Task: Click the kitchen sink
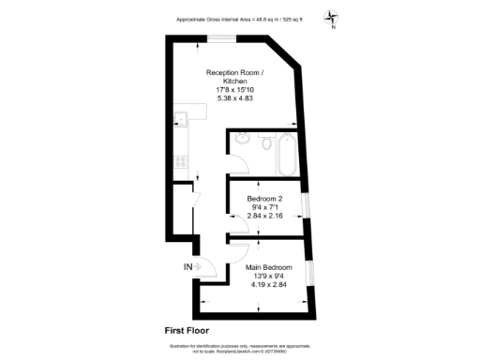179,119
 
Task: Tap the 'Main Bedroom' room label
268,267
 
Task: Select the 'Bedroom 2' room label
267,199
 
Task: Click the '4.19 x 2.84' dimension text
268,284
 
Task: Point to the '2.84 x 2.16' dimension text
267,216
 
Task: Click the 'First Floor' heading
187,330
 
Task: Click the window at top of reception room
221,37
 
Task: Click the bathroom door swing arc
239,167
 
